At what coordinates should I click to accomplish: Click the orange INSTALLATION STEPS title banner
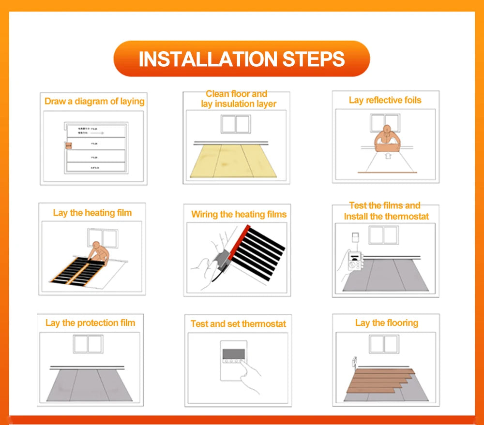[x=242, y=59]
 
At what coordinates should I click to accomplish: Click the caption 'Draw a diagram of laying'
[x=94, y=101]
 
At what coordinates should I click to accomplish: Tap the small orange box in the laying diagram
[x=68, y=145]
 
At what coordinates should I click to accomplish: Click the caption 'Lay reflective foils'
[x=385, y=100]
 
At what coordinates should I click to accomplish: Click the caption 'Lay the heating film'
[x=92, y=213]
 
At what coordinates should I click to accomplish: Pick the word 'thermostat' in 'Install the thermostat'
[x=407, y=216]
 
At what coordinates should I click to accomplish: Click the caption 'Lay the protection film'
[x=90, y=322]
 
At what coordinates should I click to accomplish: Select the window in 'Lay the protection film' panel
[x=88, y=344]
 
